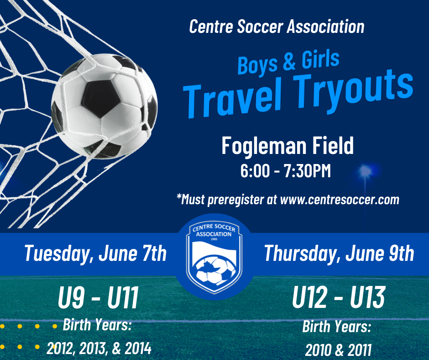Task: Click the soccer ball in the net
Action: click(x=104, y=106)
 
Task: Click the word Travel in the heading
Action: click(x=232, y=99)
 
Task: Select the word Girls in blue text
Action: click(x=320, y=59)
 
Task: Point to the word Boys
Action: click(x=257, y=65)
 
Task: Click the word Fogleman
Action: click(x=264, y=146)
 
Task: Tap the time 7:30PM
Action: click(x=307, y=171)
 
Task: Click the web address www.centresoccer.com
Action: click(x=340, y=200)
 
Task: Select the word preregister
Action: click(x=235, y=200)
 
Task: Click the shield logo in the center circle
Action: click(x=214, y=257)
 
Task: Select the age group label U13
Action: click(x=367, y=297)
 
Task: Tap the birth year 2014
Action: click(x=138, y=349)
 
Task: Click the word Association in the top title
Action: click(x=325, y=27)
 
